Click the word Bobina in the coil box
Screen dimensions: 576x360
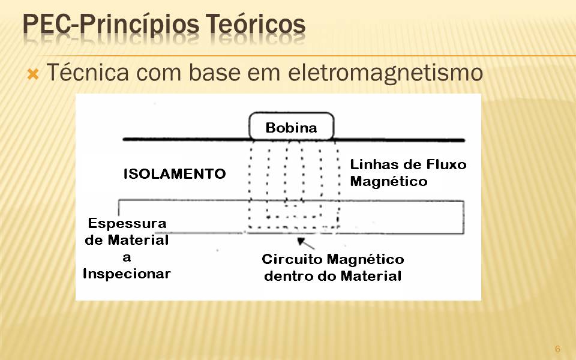click(x=291, y=128)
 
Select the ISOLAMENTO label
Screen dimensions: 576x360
click(x=175, y=174)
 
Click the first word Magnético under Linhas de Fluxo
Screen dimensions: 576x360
click(x=389, y=181)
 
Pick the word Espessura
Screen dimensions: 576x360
click(x=127, y=223)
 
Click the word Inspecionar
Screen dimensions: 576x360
click(x=127, y=274)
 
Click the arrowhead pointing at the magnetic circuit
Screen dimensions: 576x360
click(x=301, y=241)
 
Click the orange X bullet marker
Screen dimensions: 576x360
click(x=33, y=74)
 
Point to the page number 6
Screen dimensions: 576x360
click(x=557, y=349)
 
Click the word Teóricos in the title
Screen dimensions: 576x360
click(x=255, y=24)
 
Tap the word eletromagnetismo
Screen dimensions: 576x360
click(x=385, y=73)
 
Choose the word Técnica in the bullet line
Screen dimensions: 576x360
click(x=88, y=72)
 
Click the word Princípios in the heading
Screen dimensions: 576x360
click(x=140, y=25)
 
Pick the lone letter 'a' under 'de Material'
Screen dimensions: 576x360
click(x=127, y=257)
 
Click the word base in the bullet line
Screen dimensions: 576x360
click(x=214, y=72)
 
